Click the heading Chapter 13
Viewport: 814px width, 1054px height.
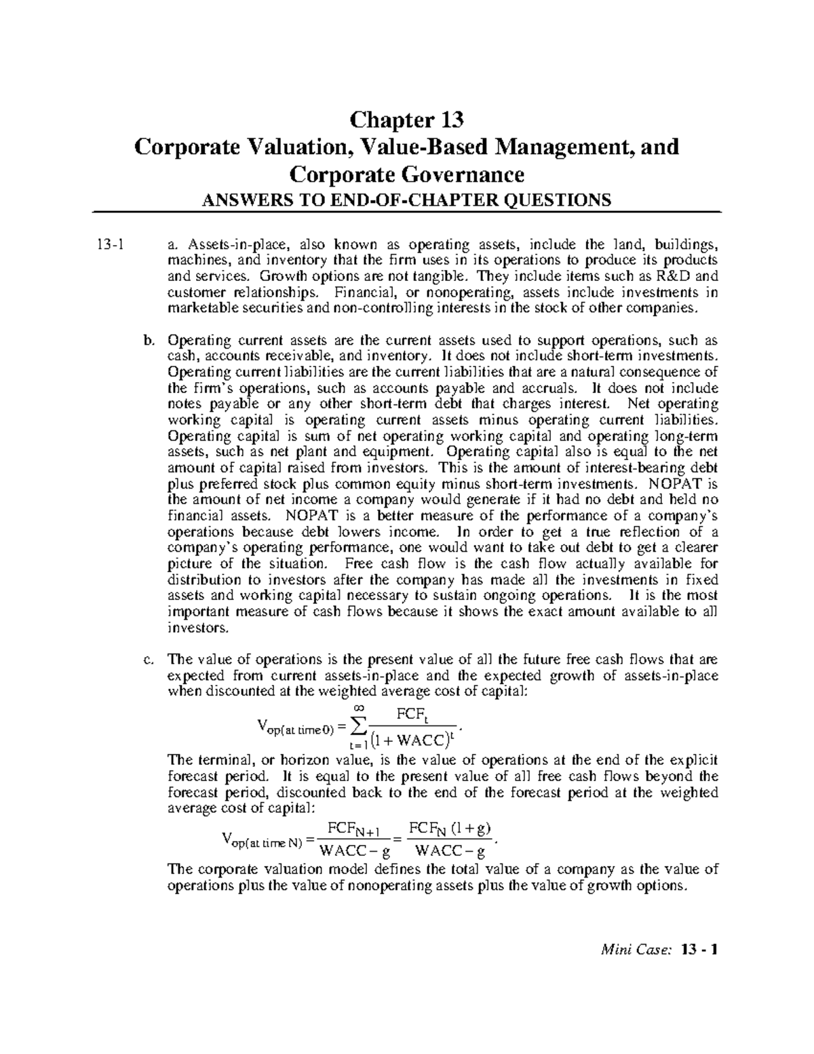[x=406, y=120]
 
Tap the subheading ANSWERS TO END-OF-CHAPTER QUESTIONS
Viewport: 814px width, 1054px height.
[x=406, y=200]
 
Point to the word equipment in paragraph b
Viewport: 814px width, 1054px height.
[x=400, y=452]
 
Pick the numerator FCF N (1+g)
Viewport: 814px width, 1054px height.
[x=449, y=829]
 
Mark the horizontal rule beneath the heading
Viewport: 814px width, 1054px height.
[x=406, y=212]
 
